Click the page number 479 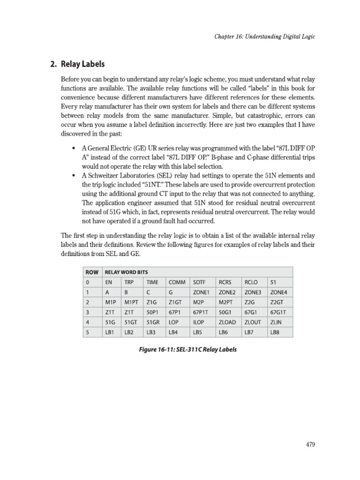click(x=309, y=444)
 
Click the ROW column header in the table click(x=92, y=272)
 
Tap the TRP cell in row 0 click(x=129, y=283)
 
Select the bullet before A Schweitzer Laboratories click(x=74, y=175)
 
